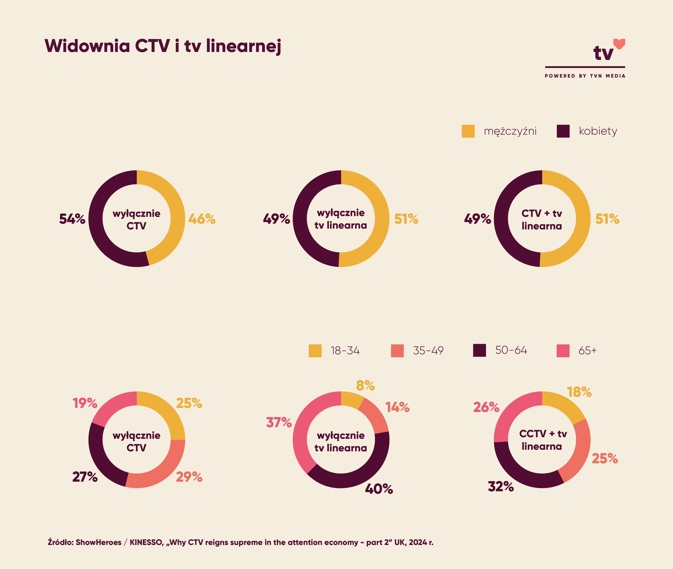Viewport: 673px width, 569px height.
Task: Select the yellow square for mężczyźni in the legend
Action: tap(468, 131)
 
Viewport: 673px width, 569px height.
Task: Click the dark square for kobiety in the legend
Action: tap(563, 131)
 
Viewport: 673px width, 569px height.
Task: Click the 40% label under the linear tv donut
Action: tap(379, 489)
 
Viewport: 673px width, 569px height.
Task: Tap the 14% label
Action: tap(397, 407)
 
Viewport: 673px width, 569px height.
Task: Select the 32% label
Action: tap(501, 486)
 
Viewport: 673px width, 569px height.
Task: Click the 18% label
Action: tap(579, 392)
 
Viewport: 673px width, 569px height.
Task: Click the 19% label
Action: tap(85, 403)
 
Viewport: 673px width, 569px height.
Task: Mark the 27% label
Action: tap(85, 477)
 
